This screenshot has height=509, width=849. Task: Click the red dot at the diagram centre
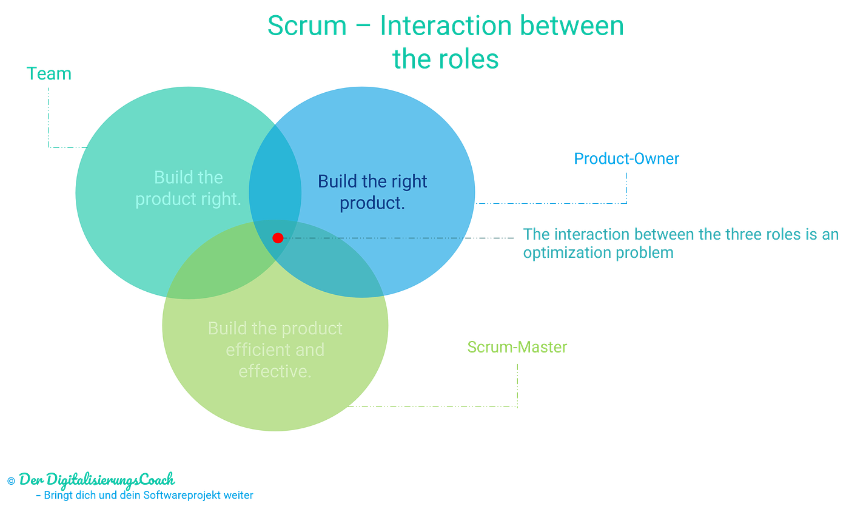click(x=278, y=238)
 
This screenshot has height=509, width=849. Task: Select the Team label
click(x=49, y=74)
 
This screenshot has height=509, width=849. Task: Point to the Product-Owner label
click(x=626, y=159)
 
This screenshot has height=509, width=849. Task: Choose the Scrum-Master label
click(x=517, y=347)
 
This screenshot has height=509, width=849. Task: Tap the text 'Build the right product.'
click(x=372, y=192)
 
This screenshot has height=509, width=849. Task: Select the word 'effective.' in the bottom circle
click(x=275, y=371)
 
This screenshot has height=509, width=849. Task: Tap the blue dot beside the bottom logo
click(x=10, y=480)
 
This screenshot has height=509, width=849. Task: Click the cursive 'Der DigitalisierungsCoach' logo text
click(x=97, y=480)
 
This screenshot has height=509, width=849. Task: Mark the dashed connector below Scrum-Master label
click(x=517, y=388)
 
